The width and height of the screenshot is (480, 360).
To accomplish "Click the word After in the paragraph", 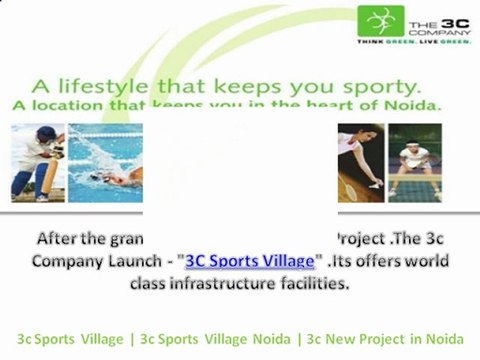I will pyautogui.click(x=62, y=240).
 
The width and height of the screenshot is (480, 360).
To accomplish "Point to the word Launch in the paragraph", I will pyautogui.click(x=144, y=261).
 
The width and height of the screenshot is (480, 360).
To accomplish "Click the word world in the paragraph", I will pyautogui.click(x=425, y=261).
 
